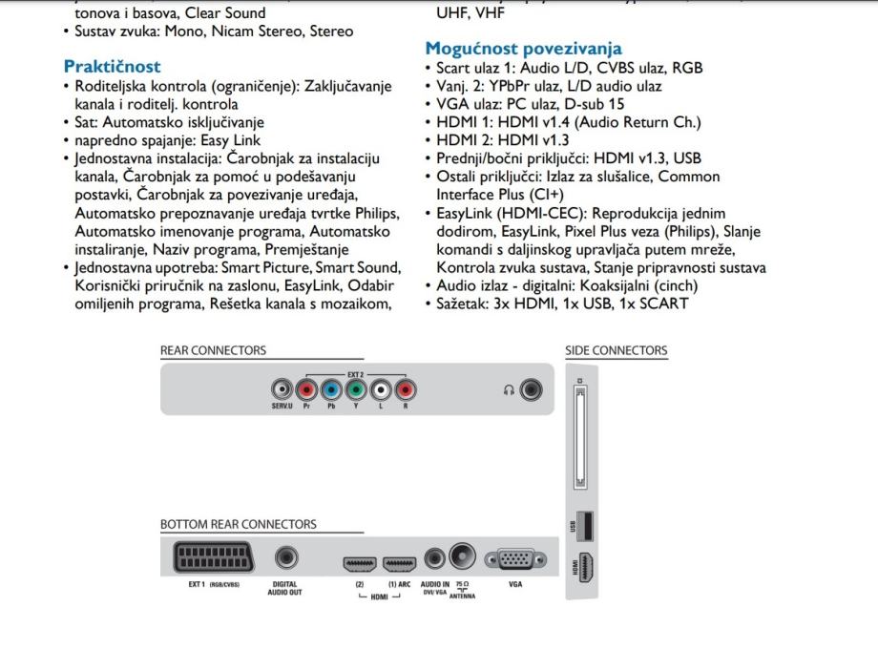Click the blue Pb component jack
pyautogui.click(x=330, y=390)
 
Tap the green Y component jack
pyautogui.click(x=355, y=390)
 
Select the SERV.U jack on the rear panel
pyautogui.click(x=282, y=390)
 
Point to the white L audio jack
pyautogui.click(x=380, y=390)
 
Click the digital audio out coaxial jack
pyautogui.click(x=284, y=559)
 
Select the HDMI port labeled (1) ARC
pyautogui.click(x=399, y=563)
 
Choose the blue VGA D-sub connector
pyautogui.click(x=515, y=559)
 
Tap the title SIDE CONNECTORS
pyautogui.click(x=617, y=351)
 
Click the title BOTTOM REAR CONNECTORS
pyautogui.click(x=239, y=524)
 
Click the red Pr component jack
pyautogui.click(x=305, y=390)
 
